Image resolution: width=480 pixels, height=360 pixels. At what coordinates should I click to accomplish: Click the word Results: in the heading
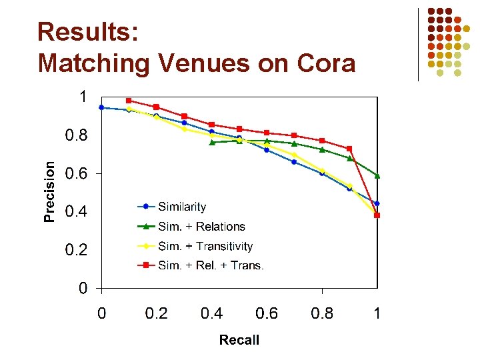[x=88, y=32]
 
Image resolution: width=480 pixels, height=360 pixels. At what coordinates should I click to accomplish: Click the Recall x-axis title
[x=239, y=340]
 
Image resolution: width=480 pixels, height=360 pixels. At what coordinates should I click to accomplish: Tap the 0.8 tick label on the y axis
[x=75, y=135]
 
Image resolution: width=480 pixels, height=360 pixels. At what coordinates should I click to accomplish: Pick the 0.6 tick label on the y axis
[x=75, y=174]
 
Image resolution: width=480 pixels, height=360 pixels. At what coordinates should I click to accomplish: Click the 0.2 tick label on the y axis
[x=75, y=251]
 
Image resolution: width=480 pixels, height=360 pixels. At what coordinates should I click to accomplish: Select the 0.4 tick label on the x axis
[x=211, y=313]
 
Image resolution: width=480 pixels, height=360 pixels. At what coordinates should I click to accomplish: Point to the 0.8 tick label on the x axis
[x=322, y=313]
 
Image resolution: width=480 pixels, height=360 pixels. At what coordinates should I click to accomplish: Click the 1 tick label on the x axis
[x=377, y=313]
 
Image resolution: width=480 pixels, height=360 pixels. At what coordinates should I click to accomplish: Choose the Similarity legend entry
[x=181, y=207]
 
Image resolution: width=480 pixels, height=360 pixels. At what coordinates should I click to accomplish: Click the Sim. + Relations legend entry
[x=201, y=227]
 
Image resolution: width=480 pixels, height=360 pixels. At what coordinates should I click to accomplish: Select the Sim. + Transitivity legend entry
[x=205, y=246]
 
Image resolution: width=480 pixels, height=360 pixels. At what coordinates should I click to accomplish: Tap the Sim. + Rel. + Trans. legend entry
[x=211, y=265]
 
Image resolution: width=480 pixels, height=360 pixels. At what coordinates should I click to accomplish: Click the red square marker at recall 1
[x=377, y=215]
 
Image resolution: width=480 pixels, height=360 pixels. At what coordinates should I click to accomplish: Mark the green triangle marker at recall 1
[x=377, y=175]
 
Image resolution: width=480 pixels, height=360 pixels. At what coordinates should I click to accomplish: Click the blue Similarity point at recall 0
[x=101, y=107]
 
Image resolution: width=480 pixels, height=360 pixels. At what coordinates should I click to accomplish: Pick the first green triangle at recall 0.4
[x=212, y=142]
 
